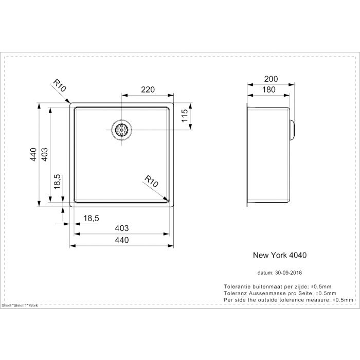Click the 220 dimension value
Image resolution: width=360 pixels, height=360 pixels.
point(148,90)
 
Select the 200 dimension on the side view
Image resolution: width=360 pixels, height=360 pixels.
point(271,79)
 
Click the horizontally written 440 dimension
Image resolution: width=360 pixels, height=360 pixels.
point(121,240)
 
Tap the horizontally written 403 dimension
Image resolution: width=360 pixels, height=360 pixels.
point(121,228)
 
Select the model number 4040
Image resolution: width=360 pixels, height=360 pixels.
point(299,254)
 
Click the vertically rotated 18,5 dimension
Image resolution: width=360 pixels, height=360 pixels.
point(58,182)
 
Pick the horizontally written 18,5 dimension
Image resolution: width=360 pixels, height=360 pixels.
point(91,219)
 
